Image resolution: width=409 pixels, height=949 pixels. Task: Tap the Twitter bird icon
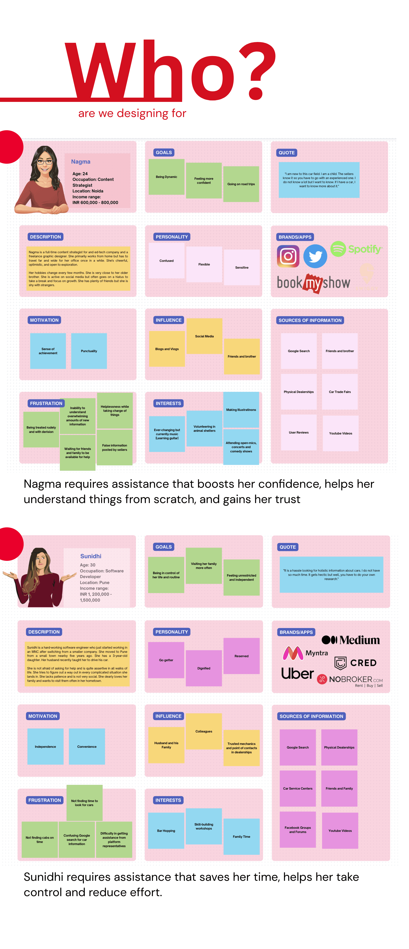(315, 256)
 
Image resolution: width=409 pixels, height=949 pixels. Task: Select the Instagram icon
(288, 256)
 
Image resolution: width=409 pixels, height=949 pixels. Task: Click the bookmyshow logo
(313, 283)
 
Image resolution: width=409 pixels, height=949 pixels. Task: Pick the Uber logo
(297, 673)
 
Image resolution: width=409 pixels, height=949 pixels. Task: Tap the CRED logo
(355, 663)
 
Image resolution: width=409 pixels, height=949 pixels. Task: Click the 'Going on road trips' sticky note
(241, 184)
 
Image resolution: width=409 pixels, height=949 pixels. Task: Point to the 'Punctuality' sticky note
(89, 351)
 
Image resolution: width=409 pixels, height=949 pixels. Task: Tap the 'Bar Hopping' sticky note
(166, 831)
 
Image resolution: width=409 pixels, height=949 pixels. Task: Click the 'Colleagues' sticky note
(204, 731)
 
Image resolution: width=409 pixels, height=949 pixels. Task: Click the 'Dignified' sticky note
(204, 668)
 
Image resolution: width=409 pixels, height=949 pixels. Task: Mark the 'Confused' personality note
(166, 261)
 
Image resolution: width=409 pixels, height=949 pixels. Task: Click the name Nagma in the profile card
(81, 162)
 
